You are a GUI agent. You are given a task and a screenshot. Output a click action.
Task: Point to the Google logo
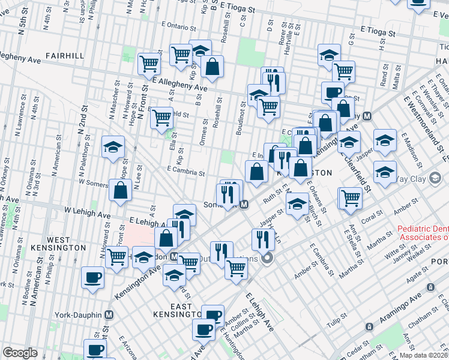pos(20,353)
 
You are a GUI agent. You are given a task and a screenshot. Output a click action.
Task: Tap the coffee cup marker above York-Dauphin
pos(93,277)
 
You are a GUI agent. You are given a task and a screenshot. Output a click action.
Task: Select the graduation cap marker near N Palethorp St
pos(112,148)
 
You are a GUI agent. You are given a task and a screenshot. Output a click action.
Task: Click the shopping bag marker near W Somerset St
pos(121,190)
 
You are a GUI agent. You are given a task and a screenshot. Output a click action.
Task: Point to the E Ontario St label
pos(178,28)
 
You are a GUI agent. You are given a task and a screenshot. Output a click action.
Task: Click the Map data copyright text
pos(424,355)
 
